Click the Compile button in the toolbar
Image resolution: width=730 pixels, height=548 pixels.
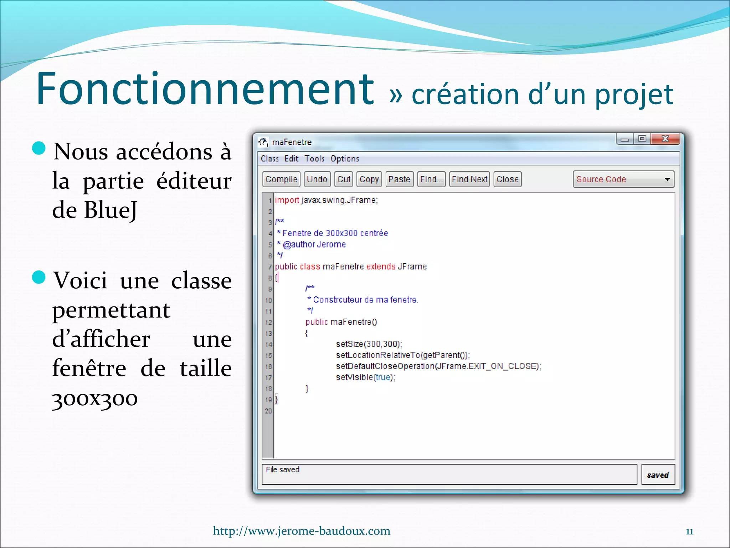point(281,179)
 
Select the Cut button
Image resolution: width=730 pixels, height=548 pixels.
point(344,179)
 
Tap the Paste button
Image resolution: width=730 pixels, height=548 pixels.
point(399,179)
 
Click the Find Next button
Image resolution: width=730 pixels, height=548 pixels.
point(469,179)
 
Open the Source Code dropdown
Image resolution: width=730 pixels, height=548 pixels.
point(623,179)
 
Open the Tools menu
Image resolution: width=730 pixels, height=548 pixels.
point(314,159)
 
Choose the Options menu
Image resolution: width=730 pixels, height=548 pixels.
point(344,159)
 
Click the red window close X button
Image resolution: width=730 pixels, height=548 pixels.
point(665,139)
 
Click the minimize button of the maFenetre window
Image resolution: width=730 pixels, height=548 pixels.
point(625,139)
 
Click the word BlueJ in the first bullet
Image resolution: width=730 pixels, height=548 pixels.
point(110,210)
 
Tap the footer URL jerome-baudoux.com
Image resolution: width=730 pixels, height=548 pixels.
point(302,531)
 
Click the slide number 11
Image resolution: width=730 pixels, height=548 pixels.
point(689,532)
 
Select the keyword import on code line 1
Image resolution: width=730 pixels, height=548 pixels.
point(287,200)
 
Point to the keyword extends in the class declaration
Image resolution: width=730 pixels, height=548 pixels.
point(381,267)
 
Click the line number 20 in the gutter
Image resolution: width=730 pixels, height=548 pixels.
point(268,411)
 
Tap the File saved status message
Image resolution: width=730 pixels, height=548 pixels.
point(283,470)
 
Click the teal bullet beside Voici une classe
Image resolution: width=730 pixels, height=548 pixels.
point(39,277)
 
